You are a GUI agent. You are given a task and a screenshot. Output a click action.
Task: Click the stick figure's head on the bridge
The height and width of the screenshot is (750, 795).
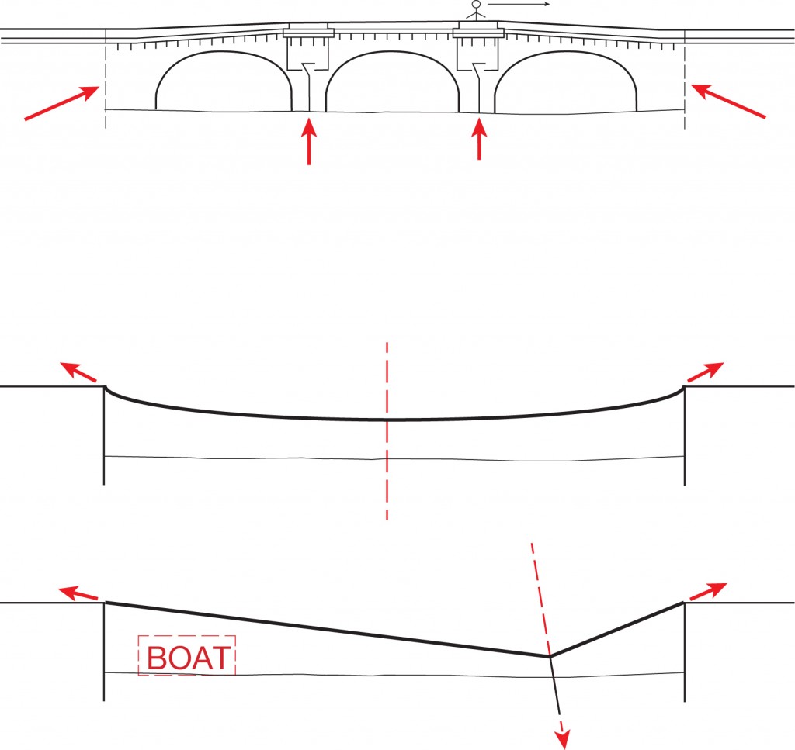click(x=476, y=4)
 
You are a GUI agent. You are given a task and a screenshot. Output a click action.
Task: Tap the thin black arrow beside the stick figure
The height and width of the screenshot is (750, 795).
click(x=519, y=4)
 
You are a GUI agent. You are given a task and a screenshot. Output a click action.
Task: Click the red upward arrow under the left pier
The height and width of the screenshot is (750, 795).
click(x=309, y=141)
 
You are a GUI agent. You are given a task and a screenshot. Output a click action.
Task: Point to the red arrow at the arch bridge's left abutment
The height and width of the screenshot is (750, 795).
click(x=61, y=103)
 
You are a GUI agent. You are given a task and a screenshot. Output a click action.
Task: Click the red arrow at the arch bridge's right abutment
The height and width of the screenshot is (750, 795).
click(x=728, y=102)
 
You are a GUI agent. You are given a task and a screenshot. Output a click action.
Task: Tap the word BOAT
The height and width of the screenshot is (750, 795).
click(x=188, y=658)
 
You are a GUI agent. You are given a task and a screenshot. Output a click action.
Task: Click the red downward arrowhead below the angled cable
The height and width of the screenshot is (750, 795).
click(x=564, y=739)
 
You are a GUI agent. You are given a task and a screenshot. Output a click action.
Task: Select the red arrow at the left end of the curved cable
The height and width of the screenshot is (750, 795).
click(x=78, y=372)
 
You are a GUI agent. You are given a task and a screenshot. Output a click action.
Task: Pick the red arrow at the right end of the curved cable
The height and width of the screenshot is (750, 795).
click(x=705, y=372)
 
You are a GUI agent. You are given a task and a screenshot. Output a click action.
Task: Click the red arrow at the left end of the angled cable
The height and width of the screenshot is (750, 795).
click(x=78, y=593)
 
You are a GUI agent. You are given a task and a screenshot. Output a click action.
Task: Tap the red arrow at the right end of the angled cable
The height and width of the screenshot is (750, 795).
click(x=707, y=592)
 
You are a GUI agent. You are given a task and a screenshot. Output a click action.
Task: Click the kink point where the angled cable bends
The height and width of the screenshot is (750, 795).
click(x=550, y=656)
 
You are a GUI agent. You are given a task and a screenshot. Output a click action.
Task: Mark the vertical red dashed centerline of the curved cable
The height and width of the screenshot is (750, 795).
click(x=387, y=431)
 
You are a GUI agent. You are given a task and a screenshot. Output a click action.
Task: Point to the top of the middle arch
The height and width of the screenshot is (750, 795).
click(x=392, y=52)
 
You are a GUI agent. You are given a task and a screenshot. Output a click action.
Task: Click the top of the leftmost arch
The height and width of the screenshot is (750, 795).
click(x=223, y=52)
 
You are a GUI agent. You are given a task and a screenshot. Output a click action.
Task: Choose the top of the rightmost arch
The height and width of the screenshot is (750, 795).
click(x=565, y=52)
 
